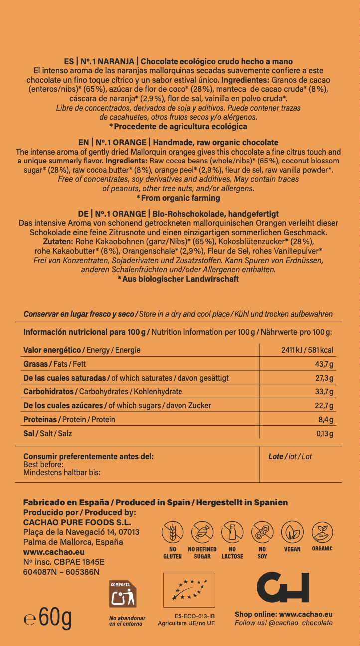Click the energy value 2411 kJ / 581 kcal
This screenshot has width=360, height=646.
coord(307,350)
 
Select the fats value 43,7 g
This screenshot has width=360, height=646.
coord(324,364)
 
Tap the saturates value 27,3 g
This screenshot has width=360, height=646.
coord(324,378)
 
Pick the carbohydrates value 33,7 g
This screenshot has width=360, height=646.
coord(324,392)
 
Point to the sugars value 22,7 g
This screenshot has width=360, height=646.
coord(324,406)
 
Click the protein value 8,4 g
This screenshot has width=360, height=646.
coord(326,420)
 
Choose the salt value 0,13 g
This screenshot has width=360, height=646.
coord(325,434)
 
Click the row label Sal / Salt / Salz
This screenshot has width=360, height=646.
coord(48,434)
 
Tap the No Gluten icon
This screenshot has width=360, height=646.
coord(173,532)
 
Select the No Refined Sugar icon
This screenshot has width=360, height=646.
coord(202,532)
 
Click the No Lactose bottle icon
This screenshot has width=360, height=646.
coord(232,532)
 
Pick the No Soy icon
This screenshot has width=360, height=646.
coord(262,532)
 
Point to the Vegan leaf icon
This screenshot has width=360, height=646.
coord(292,532)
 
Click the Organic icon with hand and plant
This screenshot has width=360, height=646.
coord(322,532)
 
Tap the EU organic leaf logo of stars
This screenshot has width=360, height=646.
coord(189,590)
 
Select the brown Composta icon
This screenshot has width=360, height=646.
coord(123,594)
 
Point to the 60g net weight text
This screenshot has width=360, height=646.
coord(48,618)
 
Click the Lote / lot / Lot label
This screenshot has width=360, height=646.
coord(290,456)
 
